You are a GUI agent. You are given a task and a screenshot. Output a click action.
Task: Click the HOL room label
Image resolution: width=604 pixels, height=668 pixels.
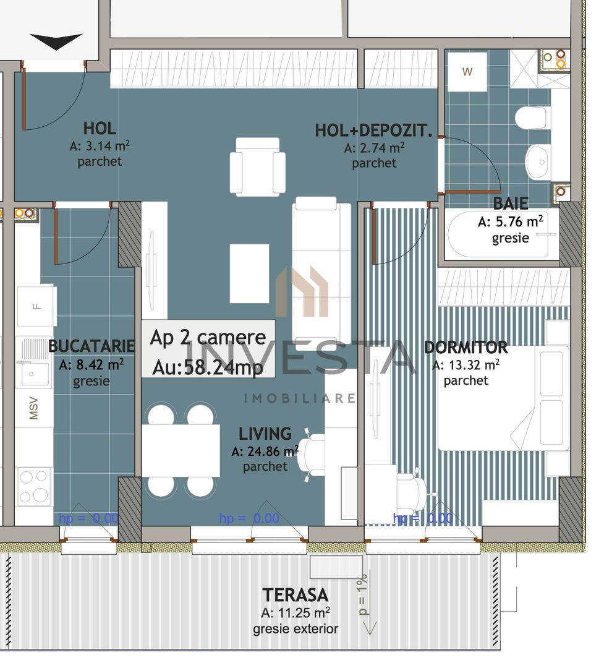click(100, 129)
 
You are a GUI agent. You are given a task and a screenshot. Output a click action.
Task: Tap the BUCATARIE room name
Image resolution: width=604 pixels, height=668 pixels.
click(91, 346)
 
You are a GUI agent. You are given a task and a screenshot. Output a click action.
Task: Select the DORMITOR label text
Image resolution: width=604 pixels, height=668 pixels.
click(466, 348)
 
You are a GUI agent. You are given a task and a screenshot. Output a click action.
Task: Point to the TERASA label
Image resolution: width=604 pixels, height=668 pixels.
click(295, 595)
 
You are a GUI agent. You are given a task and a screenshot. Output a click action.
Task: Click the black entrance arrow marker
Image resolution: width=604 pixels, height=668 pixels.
click(56, 41)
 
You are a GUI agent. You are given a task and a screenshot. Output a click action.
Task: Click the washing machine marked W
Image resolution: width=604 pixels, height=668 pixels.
click(467, 72)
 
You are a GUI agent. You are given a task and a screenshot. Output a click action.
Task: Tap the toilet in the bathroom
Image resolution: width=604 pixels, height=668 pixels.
click(532, 118)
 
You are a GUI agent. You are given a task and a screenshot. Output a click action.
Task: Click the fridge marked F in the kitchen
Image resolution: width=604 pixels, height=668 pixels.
click(36, 305)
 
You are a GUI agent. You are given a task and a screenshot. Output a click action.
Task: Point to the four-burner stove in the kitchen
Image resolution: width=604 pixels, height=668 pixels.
click(35, 486)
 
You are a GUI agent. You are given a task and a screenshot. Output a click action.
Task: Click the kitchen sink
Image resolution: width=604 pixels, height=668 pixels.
click(28, 372)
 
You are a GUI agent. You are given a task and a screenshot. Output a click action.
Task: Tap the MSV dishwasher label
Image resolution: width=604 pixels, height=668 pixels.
click(33, 408)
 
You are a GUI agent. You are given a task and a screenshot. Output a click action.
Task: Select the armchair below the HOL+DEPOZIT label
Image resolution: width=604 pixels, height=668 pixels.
click(257, 166)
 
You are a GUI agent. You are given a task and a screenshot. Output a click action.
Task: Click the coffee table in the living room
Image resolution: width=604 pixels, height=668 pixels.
click(249, 273)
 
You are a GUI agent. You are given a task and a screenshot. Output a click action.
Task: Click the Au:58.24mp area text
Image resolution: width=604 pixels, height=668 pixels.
click(208, 368)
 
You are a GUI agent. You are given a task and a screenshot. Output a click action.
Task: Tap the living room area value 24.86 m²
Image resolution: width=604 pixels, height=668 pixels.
click(265, 452)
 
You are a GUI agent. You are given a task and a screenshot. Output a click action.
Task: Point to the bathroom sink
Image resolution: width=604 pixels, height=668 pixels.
click(538, 162)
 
